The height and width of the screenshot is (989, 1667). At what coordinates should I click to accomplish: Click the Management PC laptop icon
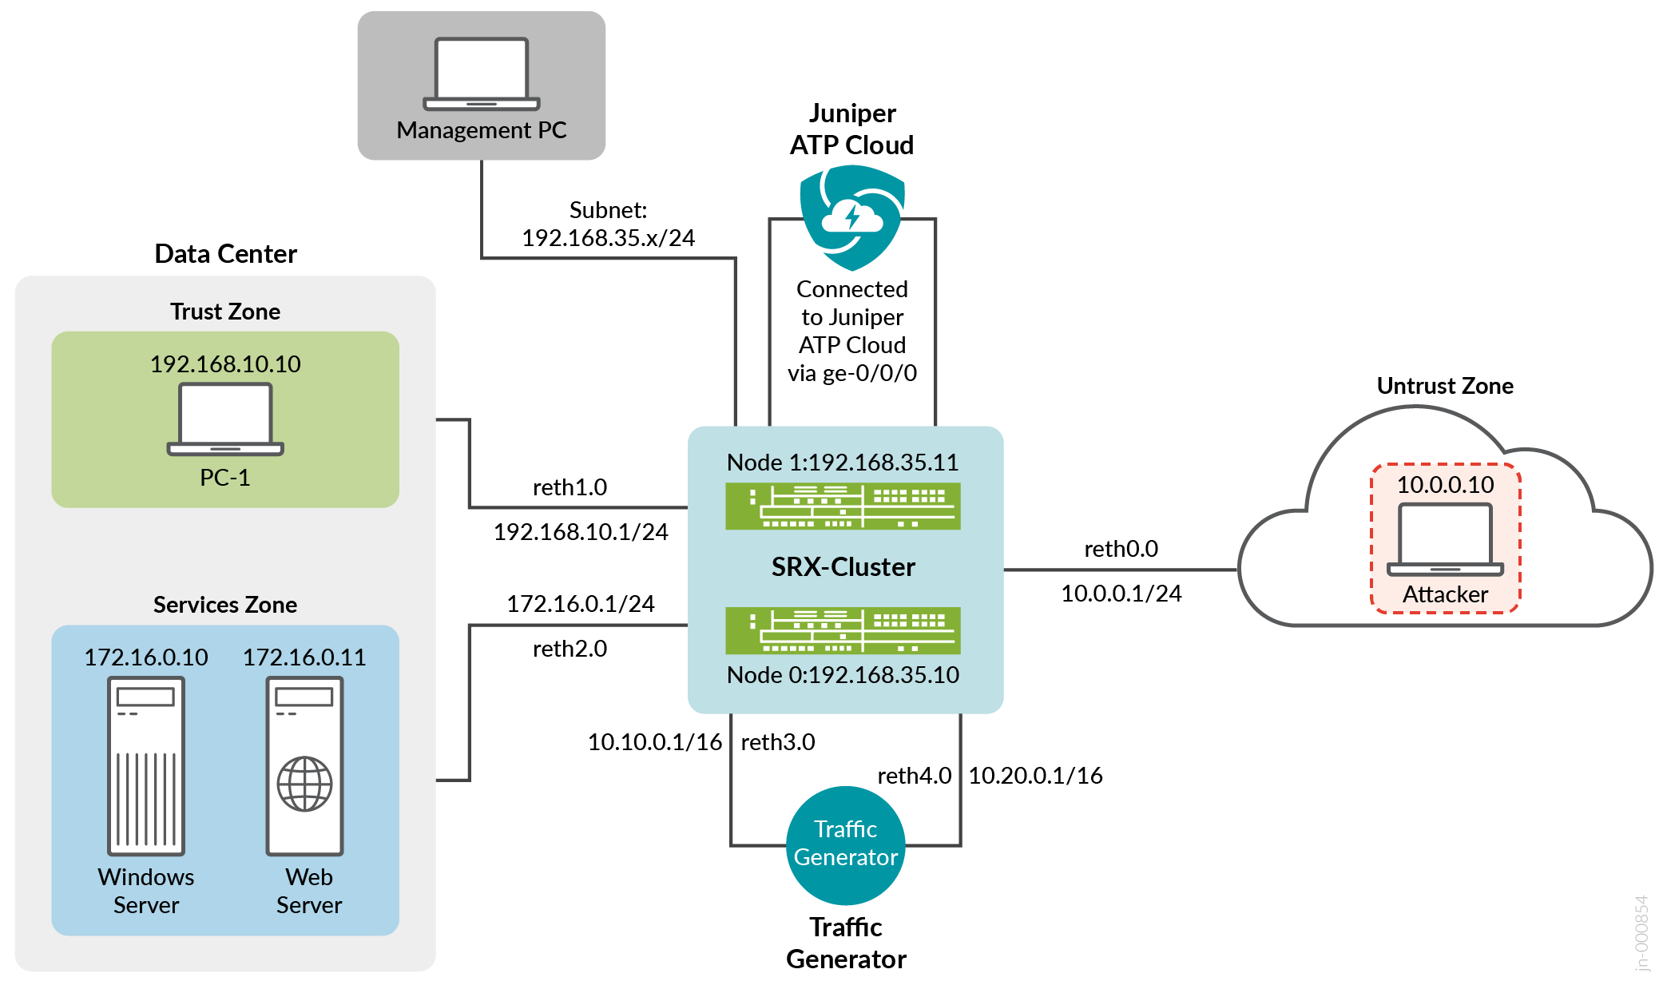(x=481, y=73)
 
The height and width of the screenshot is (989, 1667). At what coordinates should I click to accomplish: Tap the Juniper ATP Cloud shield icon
(x=852, y=216)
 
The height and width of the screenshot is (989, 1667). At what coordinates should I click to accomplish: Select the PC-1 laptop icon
(x=225, y=419)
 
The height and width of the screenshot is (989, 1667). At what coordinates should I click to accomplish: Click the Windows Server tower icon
(x=146, y=766)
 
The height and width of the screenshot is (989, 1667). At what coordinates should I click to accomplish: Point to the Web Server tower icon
(x=305, y=766)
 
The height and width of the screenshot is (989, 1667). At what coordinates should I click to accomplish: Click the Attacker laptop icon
(x=1445, y=539)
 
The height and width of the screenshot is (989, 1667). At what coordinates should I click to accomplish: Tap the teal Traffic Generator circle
(x=846, y=844)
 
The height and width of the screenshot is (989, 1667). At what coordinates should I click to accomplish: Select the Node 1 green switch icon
(x=843, y=506)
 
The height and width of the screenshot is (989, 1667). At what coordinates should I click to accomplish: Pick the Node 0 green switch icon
(x=843, y=630)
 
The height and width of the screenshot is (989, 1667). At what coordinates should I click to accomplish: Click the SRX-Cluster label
(x=843, y=567)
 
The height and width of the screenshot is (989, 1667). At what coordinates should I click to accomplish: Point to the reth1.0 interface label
(x=570, y=487)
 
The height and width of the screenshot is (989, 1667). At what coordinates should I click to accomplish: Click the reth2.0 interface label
(x=570, y=649)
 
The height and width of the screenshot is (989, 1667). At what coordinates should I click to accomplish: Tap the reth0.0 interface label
(x=1121, y=549)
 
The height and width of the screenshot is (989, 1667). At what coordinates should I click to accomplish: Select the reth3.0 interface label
(x=778, y=742)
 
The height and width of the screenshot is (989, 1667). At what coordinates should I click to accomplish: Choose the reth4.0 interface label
(x=914, y=776)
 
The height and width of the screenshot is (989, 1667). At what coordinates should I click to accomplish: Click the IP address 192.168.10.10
(x=225, y=364)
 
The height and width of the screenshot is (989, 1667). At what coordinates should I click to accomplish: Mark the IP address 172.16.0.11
(x=304, y=657)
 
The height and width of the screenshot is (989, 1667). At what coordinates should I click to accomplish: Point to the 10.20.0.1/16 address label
(x=1035, y=776)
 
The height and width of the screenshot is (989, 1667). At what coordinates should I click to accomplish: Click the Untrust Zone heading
(x=1445, y=386)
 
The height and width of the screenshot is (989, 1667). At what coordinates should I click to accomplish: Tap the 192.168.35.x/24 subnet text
(x=608, y=238)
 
